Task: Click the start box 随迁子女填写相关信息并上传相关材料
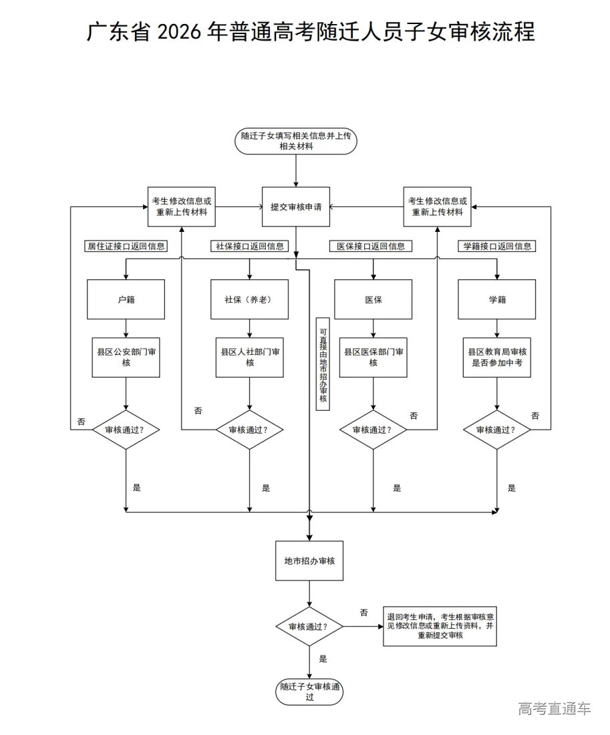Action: [296, 141]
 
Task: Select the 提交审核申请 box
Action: [296, 207]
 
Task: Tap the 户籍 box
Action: [126, 299]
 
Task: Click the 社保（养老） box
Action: [249, 299]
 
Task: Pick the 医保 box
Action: [373, 299]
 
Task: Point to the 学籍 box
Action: [496, 299]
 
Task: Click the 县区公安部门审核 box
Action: [126, 357]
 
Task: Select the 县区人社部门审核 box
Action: [249, 357]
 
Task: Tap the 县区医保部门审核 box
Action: [373, 357]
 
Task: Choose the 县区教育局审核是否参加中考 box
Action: [496, 357]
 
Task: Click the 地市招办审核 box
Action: [309, 561]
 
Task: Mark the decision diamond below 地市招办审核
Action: [309, 627]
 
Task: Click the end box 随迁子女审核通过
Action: [309, 692]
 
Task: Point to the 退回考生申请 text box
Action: [440, 626]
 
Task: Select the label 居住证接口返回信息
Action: [126, 246]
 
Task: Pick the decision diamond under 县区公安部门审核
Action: [126, 430]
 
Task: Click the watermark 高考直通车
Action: [554, 708]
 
